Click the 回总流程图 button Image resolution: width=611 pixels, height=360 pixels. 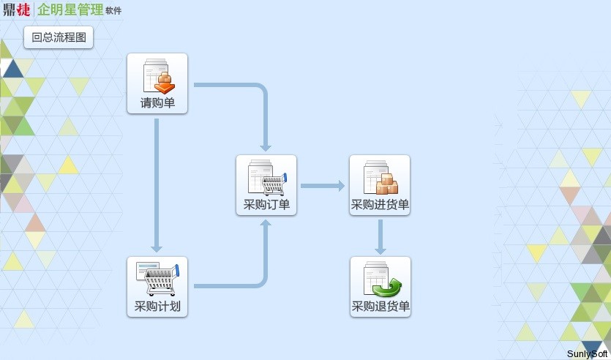(x=59, y=37)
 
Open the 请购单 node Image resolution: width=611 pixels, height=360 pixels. (x=157, y=83)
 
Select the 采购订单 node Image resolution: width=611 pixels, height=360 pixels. (x=266, y=185)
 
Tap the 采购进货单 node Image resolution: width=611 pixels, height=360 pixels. (x=380, y=185)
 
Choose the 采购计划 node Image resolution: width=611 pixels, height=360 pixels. (x=157, y=287)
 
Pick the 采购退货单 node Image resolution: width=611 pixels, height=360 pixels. (x=381, y=287)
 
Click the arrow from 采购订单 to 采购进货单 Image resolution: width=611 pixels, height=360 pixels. (x=322, y=186)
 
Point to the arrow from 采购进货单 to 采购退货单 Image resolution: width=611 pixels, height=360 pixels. (x=381, y=236)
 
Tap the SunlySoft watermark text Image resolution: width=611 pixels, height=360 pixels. (x=588, y=354)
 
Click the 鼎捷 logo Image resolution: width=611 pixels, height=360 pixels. (x=16, y=10)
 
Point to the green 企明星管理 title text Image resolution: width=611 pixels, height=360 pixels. (x=70, y=10)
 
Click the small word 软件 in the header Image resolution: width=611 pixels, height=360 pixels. (x=113, y=11)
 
